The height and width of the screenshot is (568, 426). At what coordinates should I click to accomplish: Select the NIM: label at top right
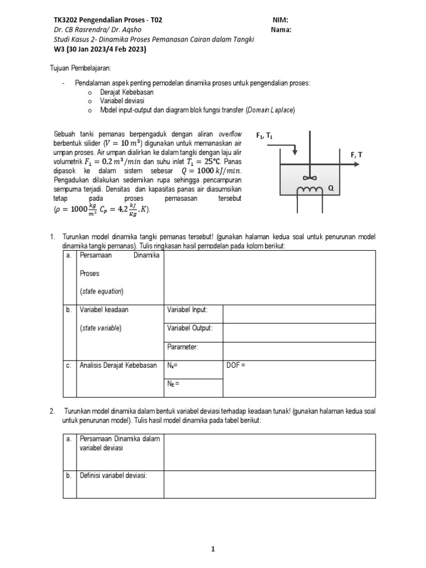coord(281,19)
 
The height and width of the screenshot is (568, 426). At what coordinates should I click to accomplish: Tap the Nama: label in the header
coord(282,29)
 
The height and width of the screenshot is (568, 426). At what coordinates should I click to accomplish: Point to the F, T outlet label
coord(356,155)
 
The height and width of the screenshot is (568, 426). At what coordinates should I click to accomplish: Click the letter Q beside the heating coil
coord(331,187)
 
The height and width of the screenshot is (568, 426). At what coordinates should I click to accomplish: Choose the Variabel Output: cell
coord(190,328)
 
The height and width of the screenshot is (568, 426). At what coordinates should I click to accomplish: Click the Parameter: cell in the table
coord(182,347)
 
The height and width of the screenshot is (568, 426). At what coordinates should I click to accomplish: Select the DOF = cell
coord(236,365)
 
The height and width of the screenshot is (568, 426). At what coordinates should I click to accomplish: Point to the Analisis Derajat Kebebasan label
coord(118,365)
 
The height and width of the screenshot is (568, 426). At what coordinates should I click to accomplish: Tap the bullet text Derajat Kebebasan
coord(127,92)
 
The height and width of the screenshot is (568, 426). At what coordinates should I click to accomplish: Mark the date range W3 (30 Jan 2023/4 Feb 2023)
coord(99,49)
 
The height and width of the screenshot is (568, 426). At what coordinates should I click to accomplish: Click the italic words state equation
coord(102,291)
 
